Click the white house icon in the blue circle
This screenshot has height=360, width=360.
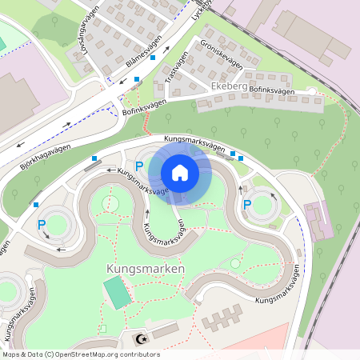(179, 173)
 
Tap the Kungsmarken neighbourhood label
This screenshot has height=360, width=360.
(145, 270)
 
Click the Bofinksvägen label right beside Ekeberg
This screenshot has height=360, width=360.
(272, 91)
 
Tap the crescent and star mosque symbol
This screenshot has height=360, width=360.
(144, 339)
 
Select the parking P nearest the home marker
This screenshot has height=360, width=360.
(139, 166)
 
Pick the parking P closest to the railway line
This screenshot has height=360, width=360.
(247, 206)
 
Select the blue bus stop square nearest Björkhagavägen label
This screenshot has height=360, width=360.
(95, 159)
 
